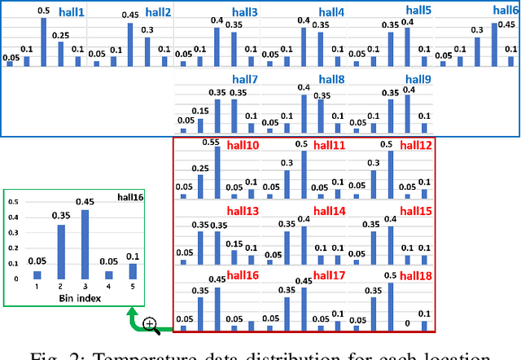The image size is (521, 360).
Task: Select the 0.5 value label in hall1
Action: pyautogui.click(x=44, y=10)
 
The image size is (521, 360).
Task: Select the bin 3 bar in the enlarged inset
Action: pyautogui.click(x=83, y=244)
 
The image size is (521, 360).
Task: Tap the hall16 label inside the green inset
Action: pyautogui.click(x=129, y=196)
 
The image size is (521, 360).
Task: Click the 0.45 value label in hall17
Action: pyautogui.click(x=303, y=281)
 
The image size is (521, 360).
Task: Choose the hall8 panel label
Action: pyautogui.click(x=331, y=80)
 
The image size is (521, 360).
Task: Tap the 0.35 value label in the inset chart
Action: pyautogui.click(x=59, y=217)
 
